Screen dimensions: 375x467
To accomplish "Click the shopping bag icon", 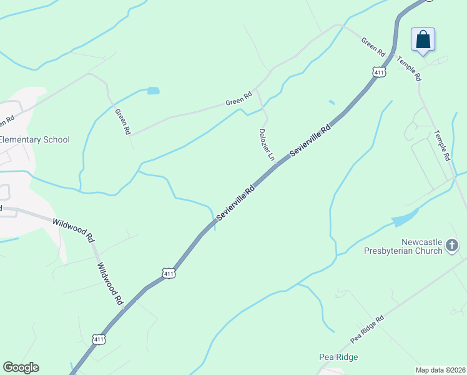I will (423, 39).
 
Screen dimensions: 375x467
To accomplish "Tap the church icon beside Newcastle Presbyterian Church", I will (453, 246).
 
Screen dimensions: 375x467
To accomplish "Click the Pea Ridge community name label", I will (338, 357).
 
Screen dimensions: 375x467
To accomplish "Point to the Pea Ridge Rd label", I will (366, 329).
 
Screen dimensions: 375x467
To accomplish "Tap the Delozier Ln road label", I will (267, 144).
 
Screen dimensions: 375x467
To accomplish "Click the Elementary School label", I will (35, 139).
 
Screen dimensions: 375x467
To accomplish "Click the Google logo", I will (21, 367).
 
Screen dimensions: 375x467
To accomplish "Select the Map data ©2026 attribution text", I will (441, 369).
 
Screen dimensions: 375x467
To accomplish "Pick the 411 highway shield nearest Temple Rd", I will (378, 72).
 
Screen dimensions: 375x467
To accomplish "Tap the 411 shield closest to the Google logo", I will (98, 339).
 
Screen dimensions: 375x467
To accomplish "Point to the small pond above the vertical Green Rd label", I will (153, 91).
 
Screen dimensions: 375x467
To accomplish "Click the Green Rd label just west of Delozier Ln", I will (238, 99).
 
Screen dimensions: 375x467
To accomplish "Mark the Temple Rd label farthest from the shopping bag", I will (443, 145).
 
